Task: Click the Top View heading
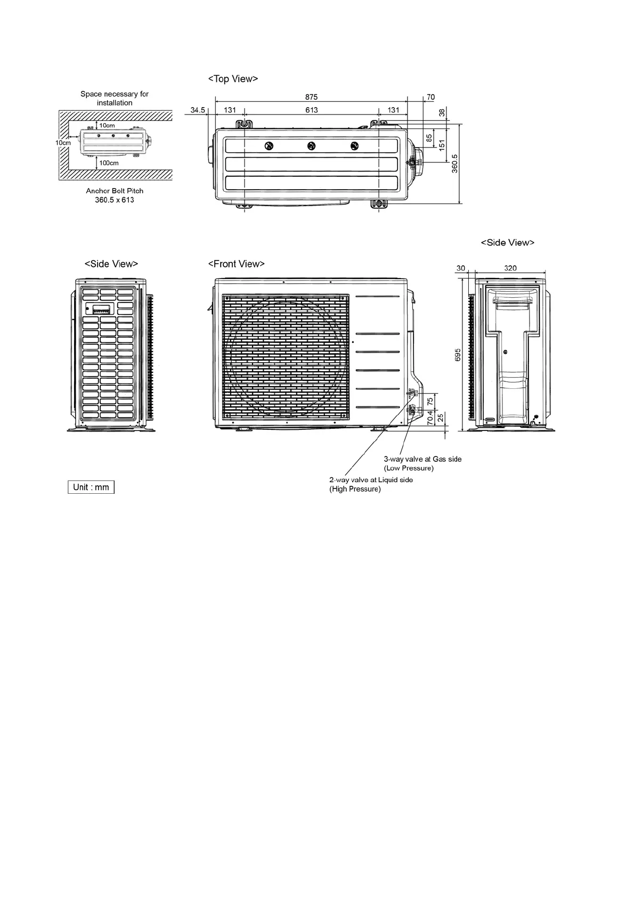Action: (x=233, y=79)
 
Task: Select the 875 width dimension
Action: (x=311, y=97)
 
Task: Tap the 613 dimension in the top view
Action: (x=311, y=110)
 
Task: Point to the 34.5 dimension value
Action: (x=198, y=110)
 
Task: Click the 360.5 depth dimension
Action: (x=454, y=164)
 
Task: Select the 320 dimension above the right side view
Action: (x=510, y=268)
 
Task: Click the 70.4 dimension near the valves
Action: (x=429, y=417)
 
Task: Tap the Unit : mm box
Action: (x=91, y=487)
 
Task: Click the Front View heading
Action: (x=236, y=264)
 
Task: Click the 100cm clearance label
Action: (x=109, y=162)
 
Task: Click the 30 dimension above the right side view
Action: (x=461, y=268)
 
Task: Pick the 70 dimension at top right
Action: (x=430, y=97)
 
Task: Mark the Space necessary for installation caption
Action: (x=115, y=98)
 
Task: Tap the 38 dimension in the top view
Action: (x=442, y=112)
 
